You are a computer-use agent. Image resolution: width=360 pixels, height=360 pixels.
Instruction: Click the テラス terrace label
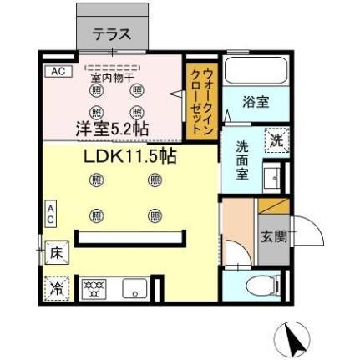[x=111, y=34]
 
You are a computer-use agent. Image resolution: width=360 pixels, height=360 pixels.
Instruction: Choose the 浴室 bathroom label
[x=256, y=102]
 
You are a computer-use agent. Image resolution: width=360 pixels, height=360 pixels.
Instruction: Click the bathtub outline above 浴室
[x=256, y=74]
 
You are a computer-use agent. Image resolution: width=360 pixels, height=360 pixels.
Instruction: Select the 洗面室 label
[x=242, y=158]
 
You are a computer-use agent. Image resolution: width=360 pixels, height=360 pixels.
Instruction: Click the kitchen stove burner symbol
[x=95, y=289]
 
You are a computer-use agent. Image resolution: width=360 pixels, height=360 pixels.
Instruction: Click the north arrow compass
[x=294, y=337]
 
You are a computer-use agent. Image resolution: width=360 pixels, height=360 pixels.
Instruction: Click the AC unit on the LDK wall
[x=51, y=213]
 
